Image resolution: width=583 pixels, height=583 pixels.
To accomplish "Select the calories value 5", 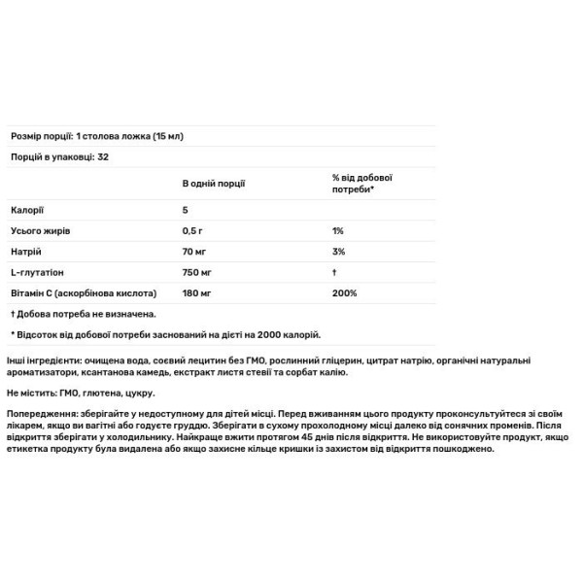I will (x=185, y=211).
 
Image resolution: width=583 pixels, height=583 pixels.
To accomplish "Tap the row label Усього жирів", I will (x=40, y=231).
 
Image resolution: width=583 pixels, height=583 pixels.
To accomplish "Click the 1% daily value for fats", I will (x=337, y=231).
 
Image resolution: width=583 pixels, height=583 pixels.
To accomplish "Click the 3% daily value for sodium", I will (x=337, y=252).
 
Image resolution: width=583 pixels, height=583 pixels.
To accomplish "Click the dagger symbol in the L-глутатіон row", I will (x=333, y=272).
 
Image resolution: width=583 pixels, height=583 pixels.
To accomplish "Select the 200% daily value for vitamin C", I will (x=343, y=292).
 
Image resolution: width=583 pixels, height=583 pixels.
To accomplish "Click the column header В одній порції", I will (x=214, y=182).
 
